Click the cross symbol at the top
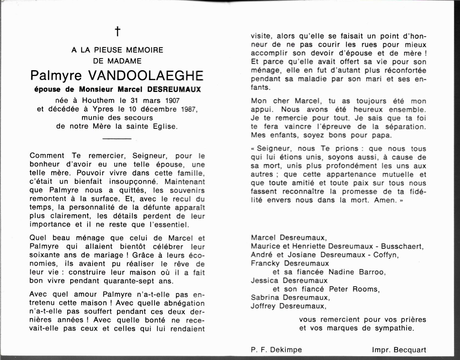[117, 31]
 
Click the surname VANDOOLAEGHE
[146, 75]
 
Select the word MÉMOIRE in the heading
[145, 50]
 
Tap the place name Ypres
[103, 109]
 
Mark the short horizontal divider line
[117, 138]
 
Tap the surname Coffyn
[384, 255]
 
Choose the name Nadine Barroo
[357, 272]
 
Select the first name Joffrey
[263, 306]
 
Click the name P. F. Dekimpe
[276, 350]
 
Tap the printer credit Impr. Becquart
[399, 350]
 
